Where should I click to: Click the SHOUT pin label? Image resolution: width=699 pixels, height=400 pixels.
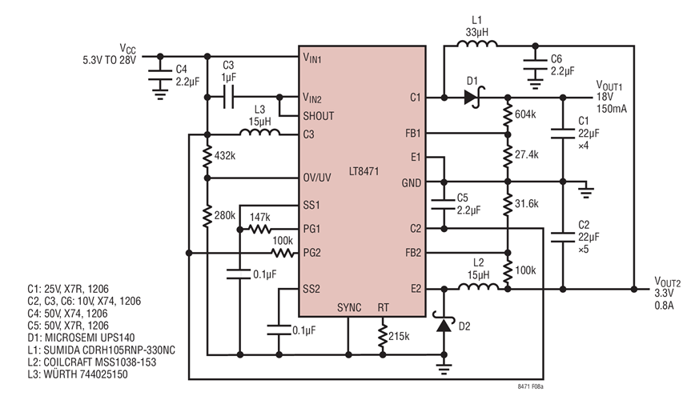[318, 116]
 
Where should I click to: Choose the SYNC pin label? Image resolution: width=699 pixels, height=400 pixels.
[349, 306]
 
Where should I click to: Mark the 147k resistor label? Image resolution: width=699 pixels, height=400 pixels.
[259, 216]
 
